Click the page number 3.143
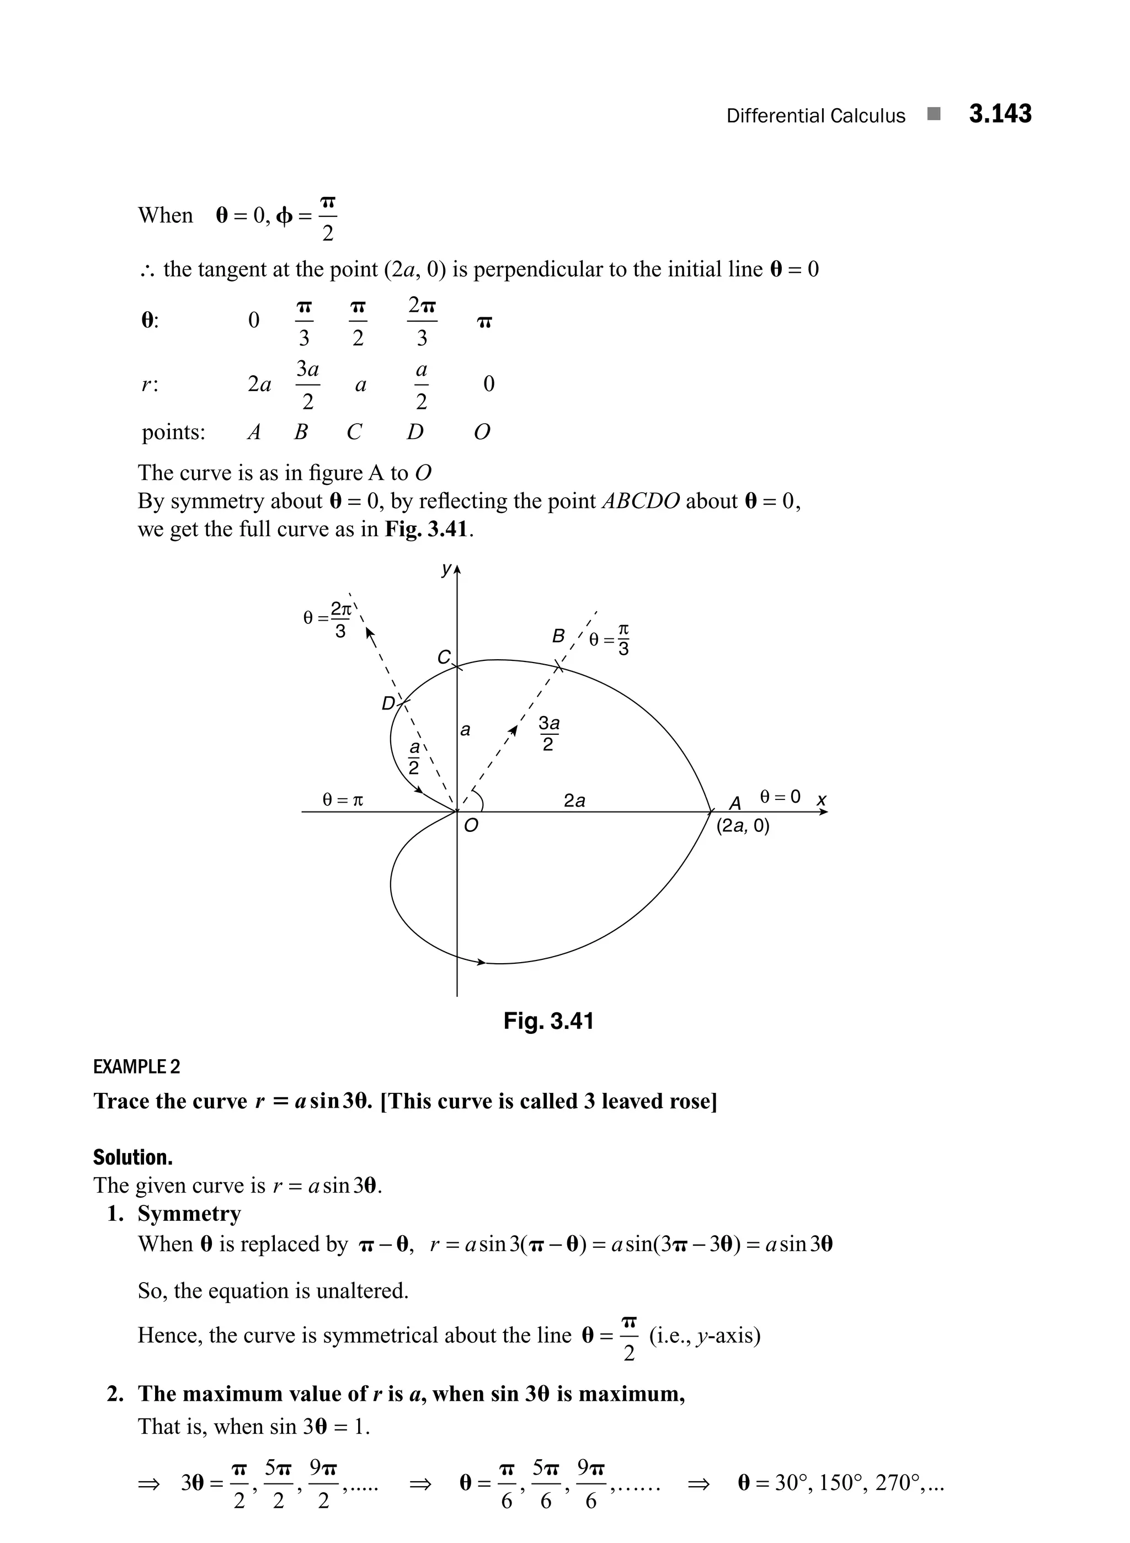pos(1000,114)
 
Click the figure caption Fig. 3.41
pos(548,1021)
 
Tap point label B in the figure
pos(558,637)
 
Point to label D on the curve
pos(388,703)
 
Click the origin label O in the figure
pos(471,826)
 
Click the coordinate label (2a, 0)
pos(743,826)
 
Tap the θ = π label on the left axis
pos(343,799)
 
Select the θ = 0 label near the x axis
pos(780,797)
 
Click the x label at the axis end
pos(822,799)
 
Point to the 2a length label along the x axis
pos(574,800)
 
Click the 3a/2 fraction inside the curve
pos(548,734)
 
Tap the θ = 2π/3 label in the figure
pos(328,618)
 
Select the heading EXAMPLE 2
pos(137,1067)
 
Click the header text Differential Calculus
pos(815,116)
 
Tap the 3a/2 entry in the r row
pos(308,385)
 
